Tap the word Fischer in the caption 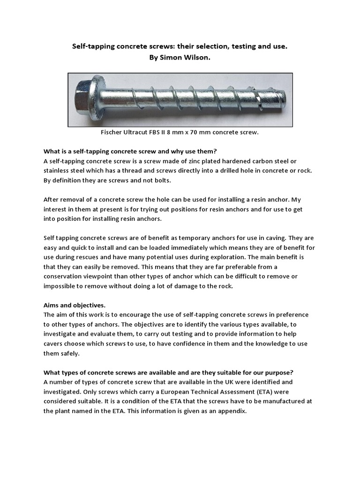112,133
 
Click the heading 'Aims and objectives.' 75,305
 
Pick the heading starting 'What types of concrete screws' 168,373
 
